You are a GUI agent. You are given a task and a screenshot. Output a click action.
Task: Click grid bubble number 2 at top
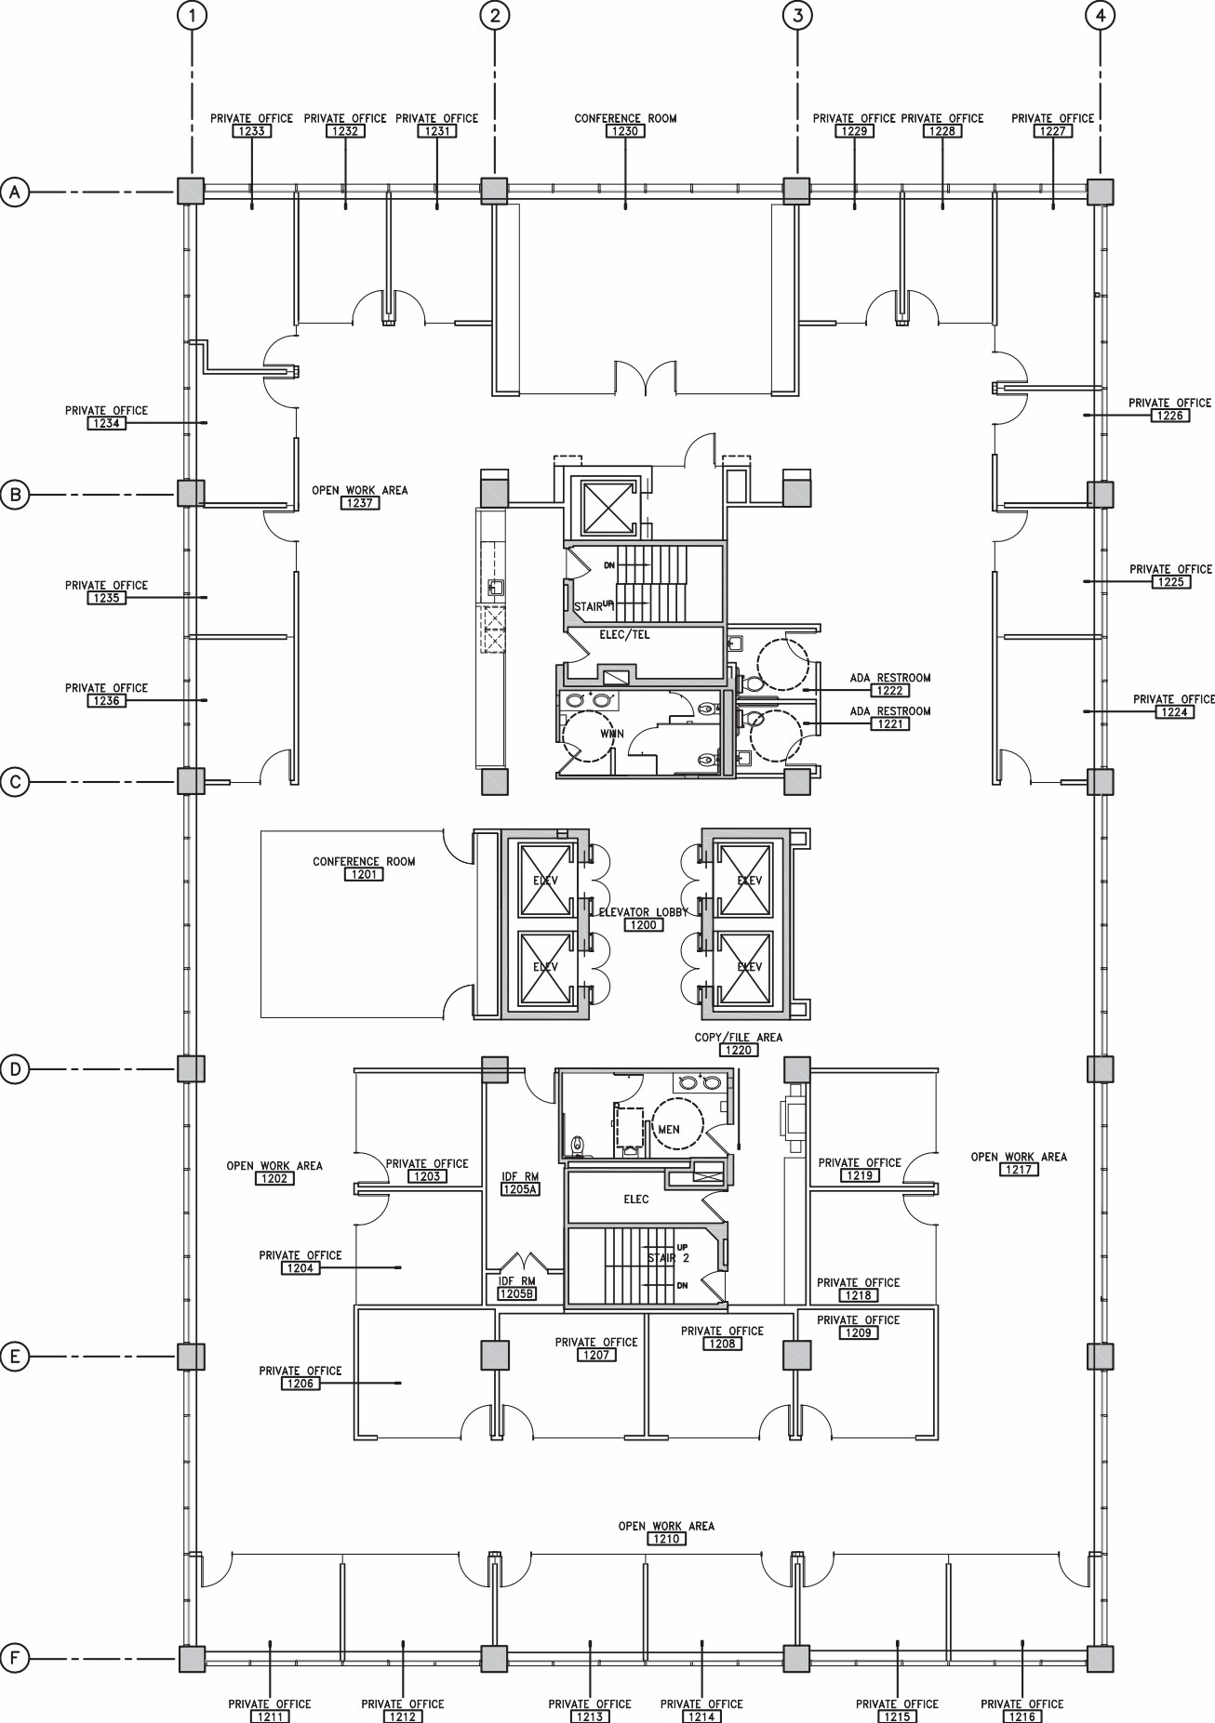(495, 15)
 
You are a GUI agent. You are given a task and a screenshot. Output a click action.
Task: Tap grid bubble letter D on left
(15, 1069)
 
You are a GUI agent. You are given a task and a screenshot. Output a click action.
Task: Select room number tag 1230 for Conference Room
(624, 132)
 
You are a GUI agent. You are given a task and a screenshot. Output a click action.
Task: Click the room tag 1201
(363, 875)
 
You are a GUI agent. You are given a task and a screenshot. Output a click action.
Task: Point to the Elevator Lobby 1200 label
(643, 925)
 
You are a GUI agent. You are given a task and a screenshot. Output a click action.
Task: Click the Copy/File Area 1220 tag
(738, 1050)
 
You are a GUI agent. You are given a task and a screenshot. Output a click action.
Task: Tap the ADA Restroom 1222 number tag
(889, 691)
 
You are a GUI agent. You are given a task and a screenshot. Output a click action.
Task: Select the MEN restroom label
(668, 1130)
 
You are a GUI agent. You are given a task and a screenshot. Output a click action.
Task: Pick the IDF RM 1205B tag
(516, 1293)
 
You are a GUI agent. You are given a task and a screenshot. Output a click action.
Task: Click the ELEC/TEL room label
(624, 635)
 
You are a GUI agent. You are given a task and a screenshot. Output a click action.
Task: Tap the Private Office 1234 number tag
(106, 423)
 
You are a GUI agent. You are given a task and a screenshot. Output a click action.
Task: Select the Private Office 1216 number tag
(1021, 1716)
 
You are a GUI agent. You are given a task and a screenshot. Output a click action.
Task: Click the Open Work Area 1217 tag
(1019, 1170)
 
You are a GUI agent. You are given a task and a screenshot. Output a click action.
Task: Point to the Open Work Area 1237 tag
(359, 503)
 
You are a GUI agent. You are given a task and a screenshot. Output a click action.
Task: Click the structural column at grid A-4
(1101, 191)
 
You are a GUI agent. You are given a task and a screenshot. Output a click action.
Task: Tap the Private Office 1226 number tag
(1169, 416)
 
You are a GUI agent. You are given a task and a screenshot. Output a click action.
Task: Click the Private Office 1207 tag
(595, 1355)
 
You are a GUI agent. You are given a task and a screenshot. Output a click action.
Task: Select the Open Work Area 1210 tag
(666, 1539)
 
